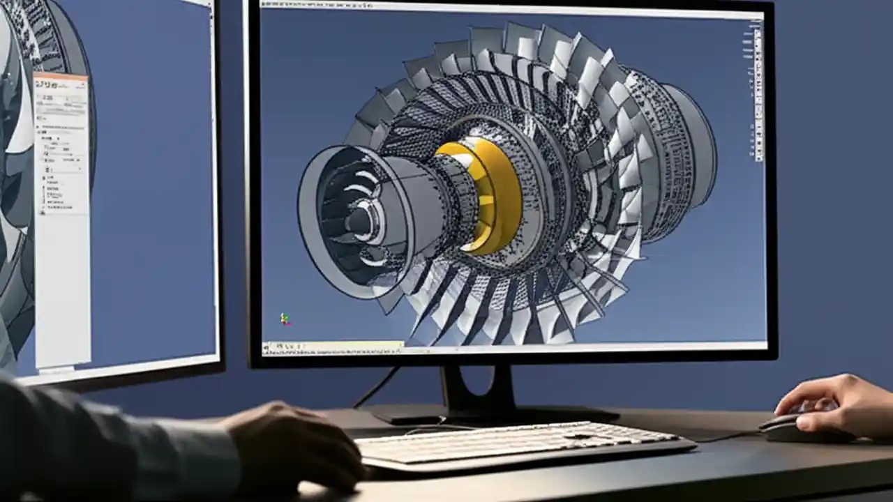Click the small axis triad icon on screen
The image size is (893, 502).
click(x=285, y=319)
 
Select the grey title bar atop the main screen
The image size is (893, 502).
click(x=509, y=10)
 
